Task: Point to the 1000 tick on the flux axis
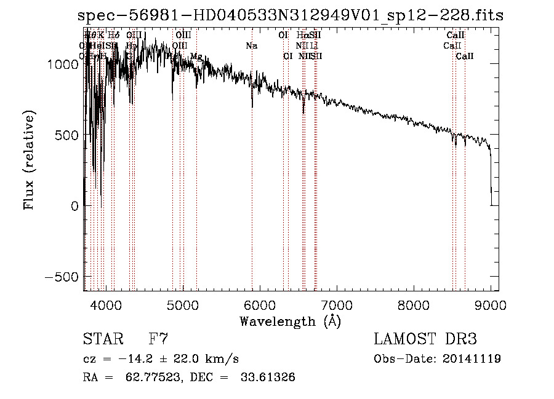[63, 64]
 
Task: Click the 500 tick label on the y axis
[67, 135]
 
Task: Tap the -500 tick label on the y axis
[62, 277]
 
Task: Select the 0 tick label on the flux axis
[74, 206]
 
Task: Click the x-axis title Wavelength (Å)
[290, 321]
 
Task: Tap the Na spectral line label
[251, 46]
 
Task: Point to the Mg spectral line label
[196, 57]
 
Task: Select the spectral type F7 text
[158, 339]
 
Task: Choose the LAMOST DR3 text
[425, 339]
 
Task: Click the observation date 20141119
[473, 358]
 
